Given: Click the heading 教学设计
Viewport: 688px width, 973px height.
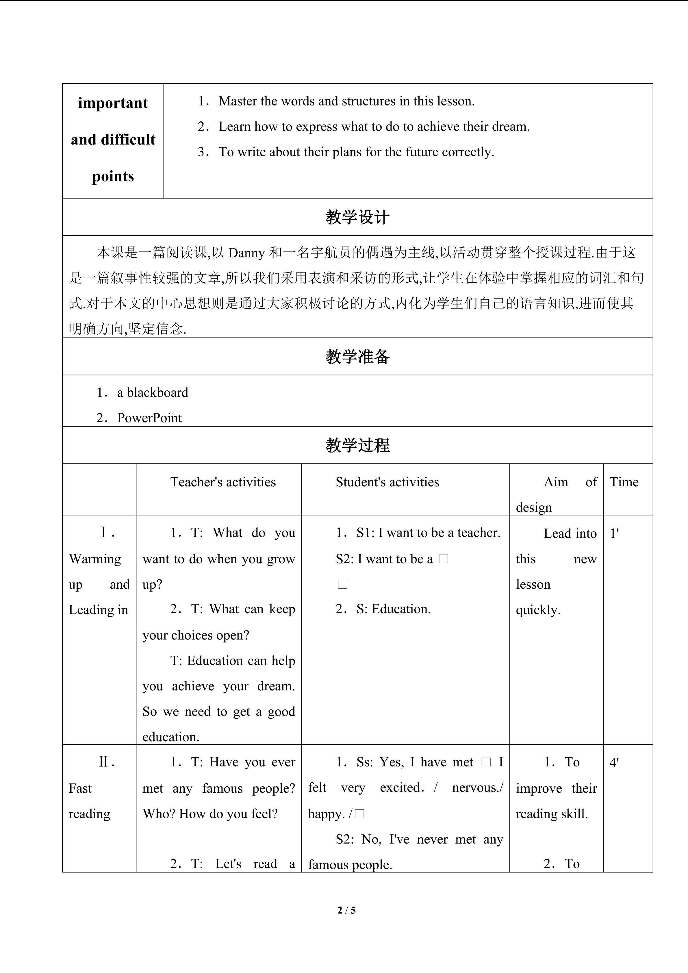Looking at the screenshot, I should coord(357,217).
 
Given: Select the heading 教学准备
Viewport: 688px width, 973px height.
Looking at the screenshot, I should coord(357,357).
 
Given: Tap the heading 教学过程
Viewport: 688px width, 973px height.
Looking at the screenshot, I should coord(357,445).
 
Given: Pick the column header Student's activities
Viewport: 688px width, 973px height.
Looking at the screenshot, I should coord(387,482).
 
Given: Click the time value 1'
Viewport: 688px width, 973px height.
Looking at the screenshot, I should coord(614,533).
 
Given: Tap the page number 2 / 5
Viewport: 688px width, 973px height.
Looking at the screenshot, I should coord(346,910).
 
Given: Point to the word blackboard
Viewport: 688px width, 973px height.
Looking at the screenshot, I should coord(157,393).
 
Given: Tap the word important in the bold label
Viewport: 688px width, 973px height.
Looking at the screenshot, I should coord(113,103).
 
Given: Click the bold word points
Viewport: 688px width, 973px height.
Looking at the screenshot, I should coord(113,176).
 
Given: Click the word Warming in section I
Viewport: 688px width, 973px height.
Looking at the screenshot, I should coord(95,559).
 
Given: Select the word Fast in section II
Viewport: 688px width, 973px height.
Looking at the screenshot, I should coord(80,789).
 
